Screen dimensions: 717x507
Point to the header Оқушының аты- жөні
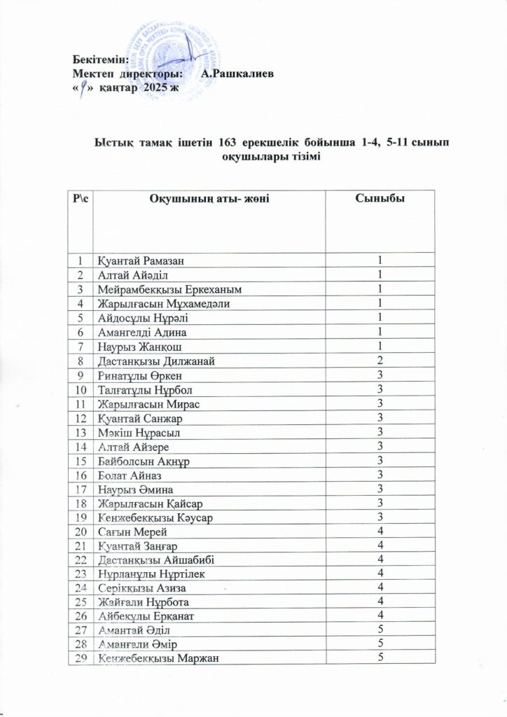pos(210,201)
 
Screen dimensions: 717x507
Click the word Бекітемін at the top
pos(96,60)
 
